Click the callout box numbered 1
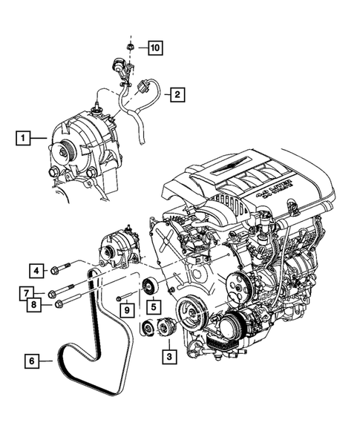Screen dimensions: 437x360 click(x=24, y=137)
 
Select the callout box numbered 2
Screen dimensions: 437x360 click(x=177, y=94)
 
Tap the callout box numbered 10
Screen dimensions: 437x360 click(x=154, y=48)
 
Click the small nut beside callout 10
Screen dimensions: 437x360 click(x=130, y=48)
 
